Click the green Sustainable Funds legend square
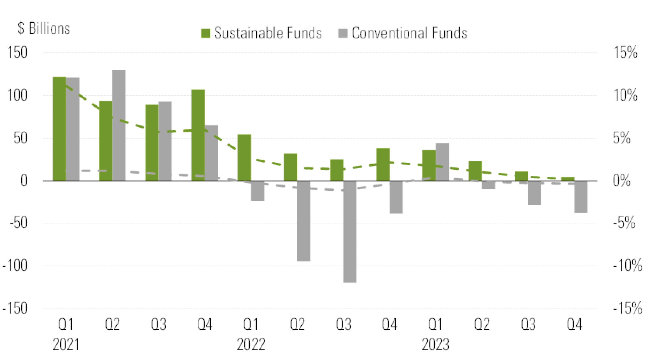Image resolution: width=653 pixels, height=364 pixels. pos(205,33)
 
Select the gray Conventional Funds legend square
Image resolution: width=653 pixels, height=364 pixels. pos(343,33)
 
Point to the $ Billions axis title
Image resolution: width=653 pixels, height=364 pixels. pos(44,28)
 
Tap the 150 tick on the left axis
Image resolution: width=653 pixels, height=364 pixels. pos(17,52)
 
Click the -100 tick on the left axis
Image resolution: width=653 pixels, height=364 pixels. pos(15,265)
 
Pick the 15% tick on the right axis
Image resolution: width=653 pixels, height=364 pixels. pos(625,52)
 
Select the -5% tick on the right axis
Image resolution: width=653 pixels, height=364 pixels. pos(624,223)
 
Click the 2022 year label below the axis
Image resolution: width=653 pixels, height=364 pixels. pos(251,344)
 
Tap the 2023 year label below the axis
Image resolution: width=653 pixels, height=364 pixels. pos(436,344)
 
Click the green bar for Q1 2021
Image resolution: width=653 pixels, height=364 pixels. pos(60,129)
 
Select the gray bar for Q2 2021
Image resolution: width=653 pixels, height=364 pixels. pos(119,125)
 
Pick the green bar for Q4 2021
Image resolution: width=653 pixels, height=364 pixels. pos(198,135)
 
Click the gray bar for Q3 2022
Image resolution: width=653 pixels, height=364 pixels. pos(350,232)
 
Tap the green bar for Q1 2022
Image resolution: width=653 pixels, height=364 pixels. pos(244,158)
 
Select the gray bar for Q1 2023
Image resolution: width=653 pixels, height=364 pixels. pos(442,162)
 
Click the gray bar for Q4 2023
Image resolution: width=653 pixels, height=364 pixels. pos(581,197)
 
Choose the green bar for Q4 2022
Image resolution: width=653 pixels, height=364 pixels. pos(383,164)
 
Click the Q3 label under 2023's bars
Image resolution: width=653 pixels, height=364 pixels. pos(528,324)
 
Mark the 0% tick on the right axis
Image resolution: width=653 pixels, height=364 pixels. pos(622,181)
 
